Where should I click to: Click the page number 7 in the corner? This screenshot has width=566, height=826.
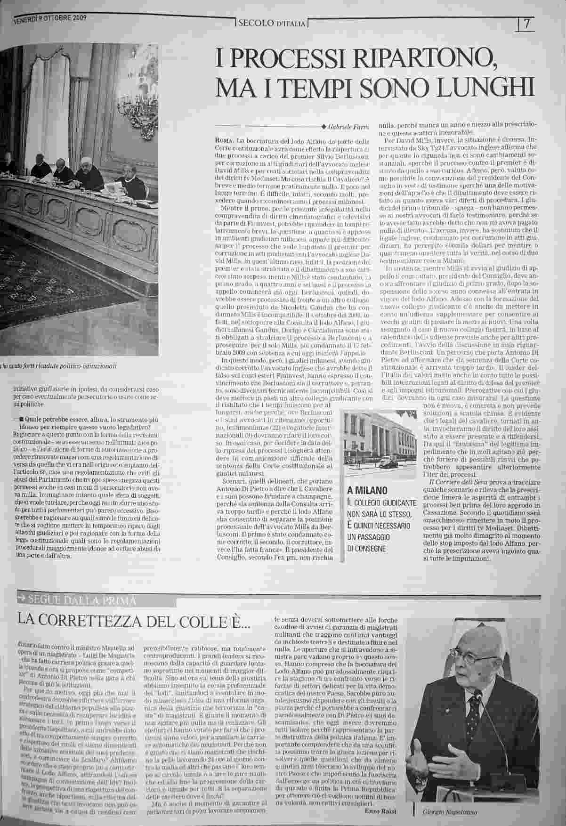526,24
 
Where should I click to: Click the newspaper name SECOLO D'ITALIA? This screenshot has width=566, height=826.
272,23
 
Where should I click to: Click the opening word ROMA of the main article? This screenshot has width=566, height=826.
223,141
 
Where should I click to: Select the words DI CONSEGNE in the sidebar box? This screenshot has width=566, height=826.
366,549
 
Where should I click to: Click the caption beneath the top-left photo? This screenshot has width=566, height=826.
59,366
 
